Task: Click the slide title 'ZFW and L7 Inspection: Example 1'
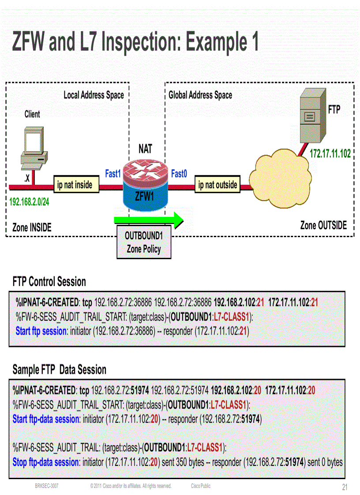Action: tap(135, 42)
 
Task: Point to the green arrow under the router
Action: tap(148, 220)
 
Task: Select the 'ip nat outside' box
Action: tap(217, 185)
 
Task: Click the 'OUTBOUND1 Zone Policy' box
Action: tap(144, 242)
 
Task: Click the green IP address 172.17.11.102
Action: tap(330, 154)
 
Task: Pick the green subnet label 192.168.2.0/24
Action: tap(29, 202)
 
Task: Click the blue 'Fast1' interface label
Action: tap(113, 174)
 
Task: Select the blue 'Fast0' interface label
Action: tap(179, 174)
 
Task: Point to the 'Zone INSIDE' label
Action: tap(32, 227)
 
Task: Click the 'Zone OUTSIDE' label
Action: tap(323, 225)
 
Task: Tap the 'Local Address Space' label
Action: tap(94, 95)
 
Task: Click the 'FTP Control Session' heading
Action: tap(49, 281)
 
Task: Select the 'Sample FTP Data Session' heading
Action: tap(60, 369)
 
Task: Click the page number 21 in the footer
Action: tap(345, 487)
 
